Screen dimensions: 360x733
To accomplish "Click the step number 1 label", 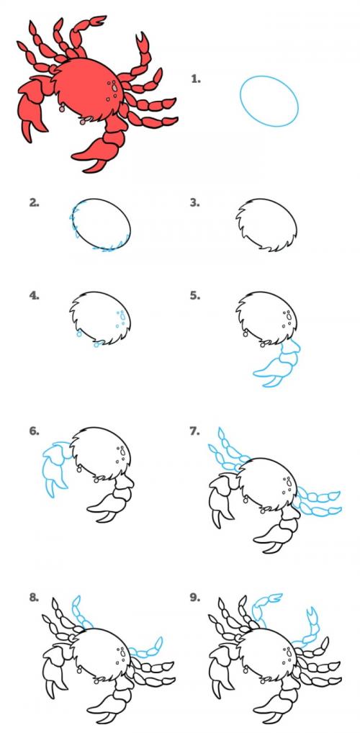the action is point(195,78).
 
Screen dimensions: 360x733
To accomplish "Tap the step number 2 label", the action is point(34,202).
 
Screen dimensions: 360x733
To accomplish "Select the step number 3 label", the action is point(195,202).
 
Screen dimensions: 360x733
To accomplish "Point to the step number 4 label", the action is point(34,295).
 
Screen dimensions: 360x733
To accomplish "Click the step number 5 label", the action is point(195,295).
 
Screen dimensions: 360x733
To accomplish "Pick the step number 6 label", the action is point(34,431).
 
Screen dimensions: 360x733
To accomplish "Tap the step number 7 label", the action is point(195,431).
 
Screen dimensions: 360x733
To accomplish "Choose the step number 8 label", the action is point(34,597).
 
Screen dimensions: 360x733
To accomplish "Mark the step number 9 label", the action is point(195,597).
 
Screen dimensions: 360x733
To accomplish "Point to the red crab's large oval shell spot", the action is point(114,88).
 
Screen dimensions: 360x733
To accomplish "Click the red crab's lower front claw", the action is point(105,143).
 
